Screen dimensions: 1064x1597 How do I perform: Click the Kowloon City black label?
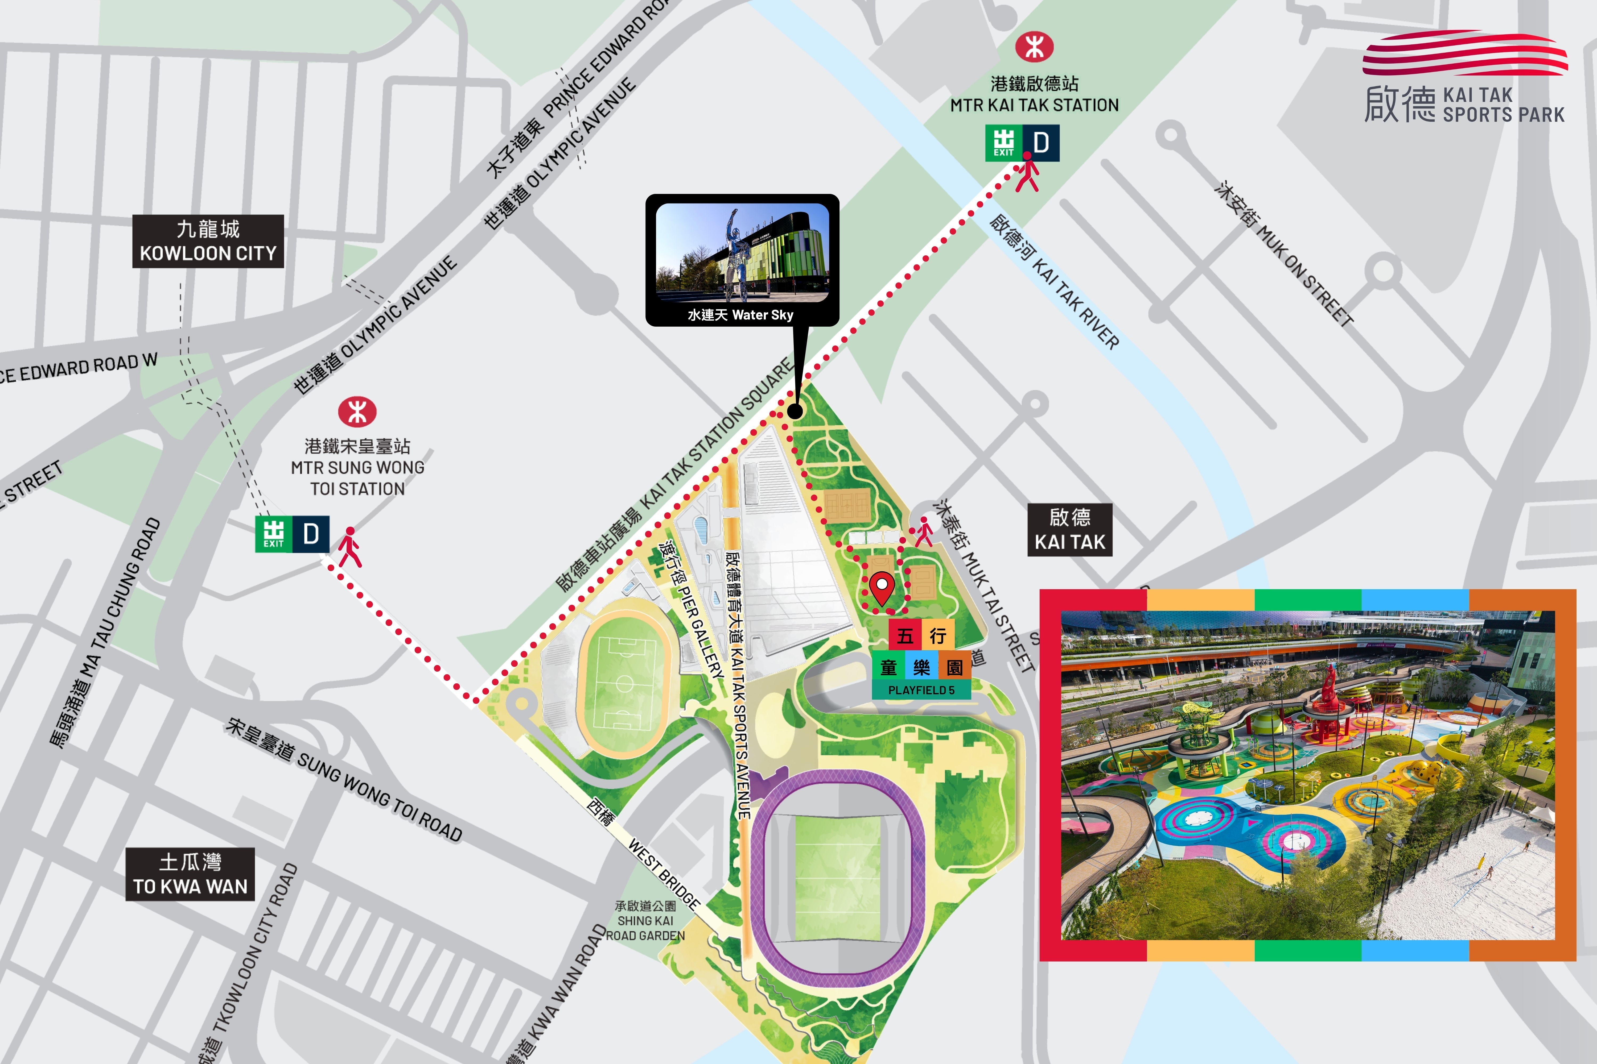tap(208, 242)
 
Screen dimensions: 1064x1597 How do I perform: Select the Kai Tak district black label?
tap(1069, 530)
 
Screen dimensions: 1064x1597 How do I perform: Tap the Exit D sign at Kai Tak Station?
tap(1022, 143)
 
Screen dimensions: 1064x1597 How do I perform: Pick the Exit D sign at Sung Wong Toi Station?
tap(292, 534)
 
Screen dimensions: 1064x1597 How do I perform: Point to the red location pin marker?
tap(881, 588)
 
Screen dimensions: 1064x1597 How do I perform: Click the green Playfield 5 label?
tap(921, 690)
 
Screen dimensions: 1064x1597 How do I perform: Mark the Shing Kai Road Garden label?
tap(645, 921)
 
